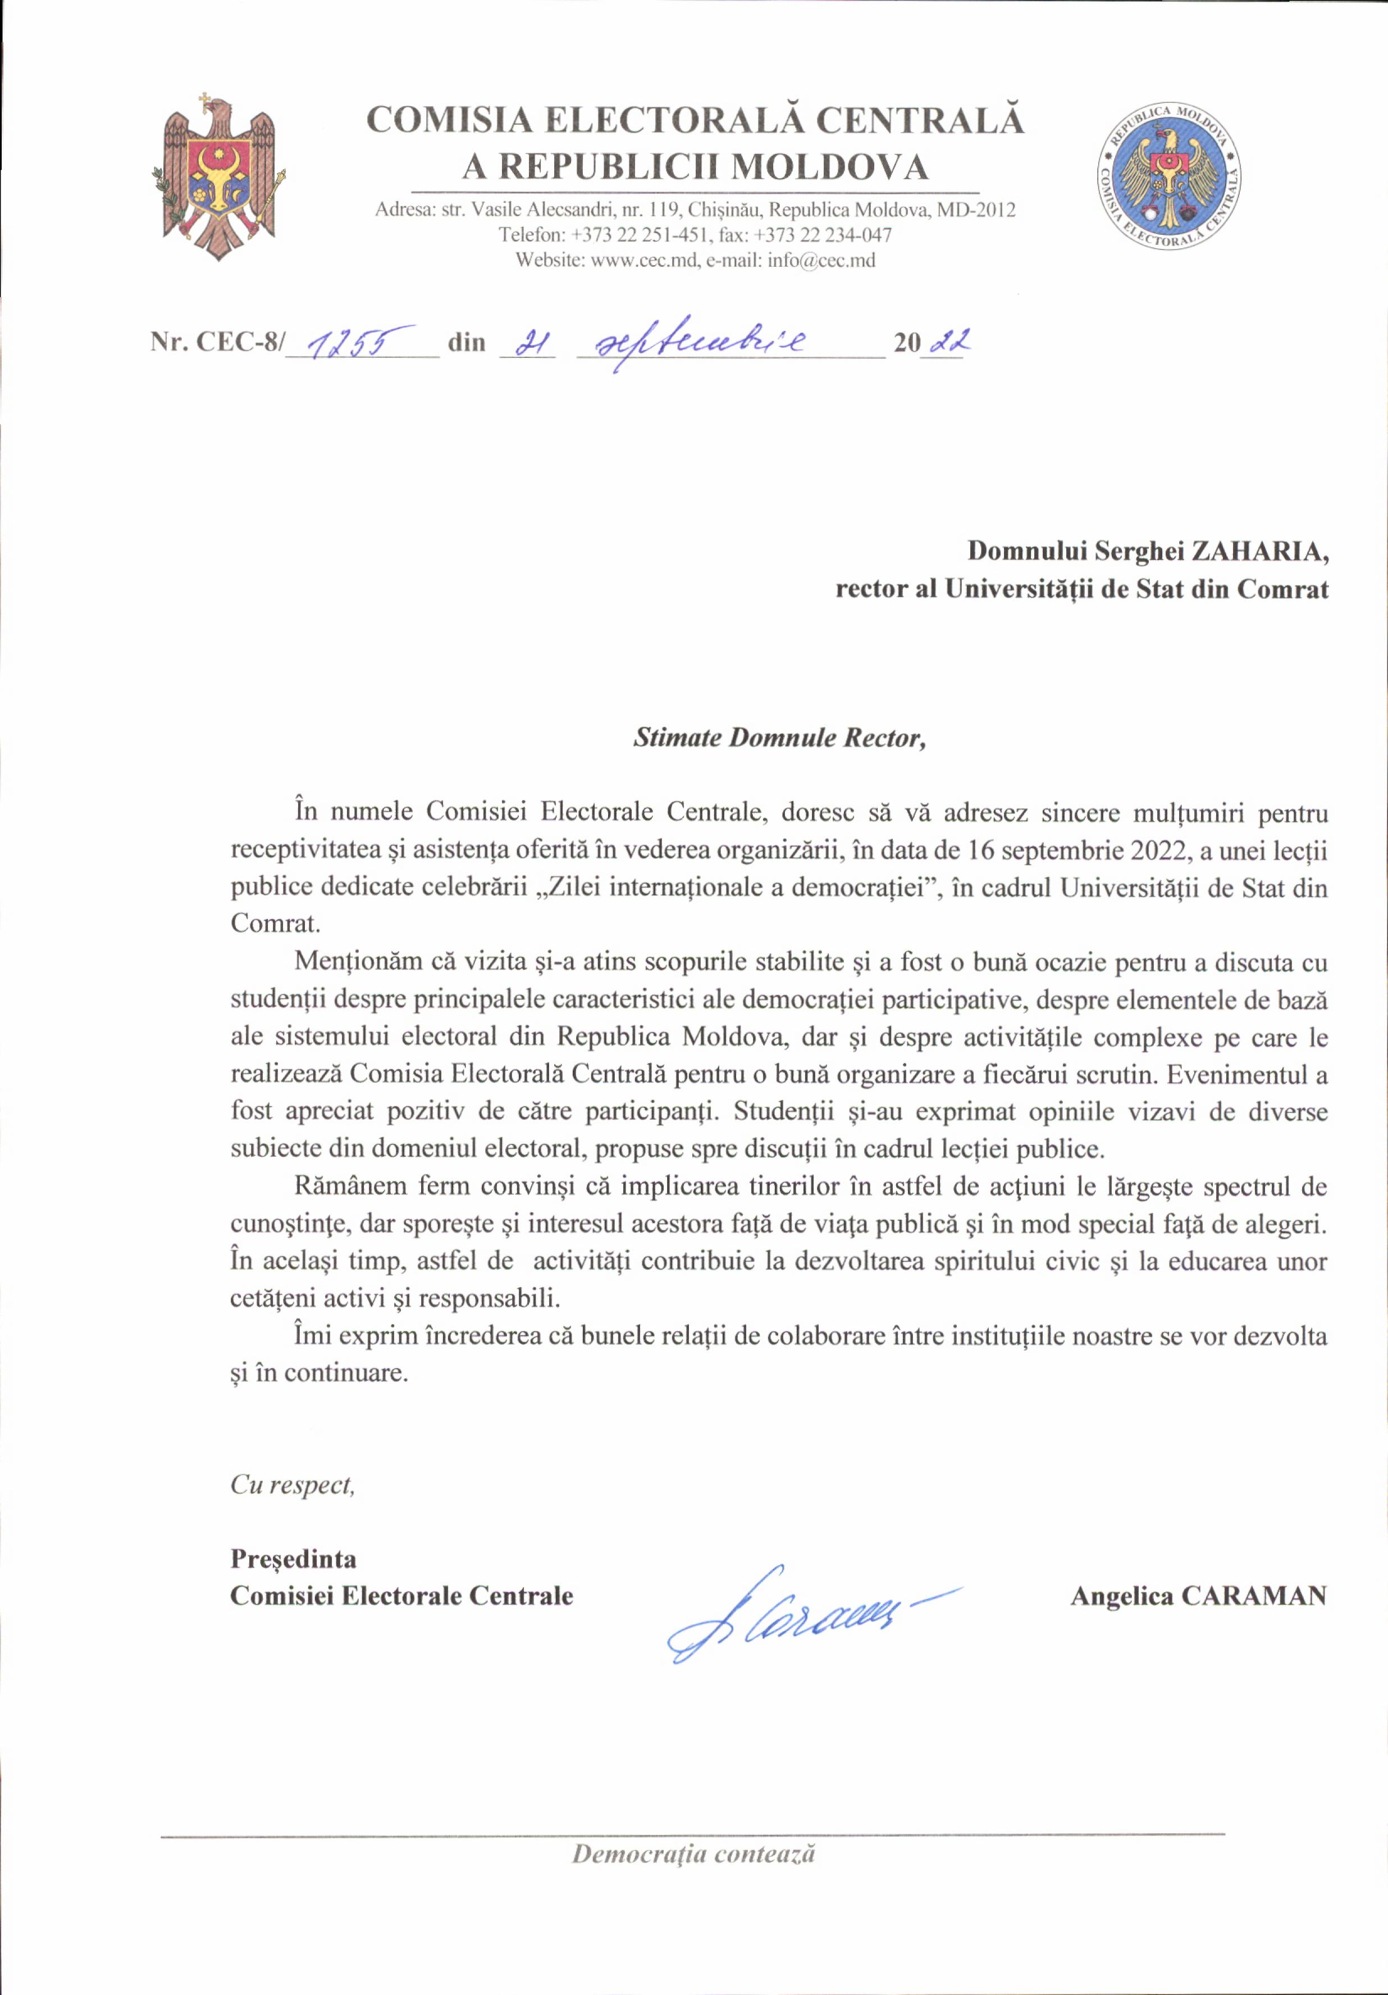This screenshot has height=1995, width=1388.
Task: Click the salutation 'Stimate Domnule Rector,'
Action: click(x=779, y=738)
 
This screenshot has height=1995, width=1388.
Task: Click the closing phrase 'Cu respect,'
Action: click(x=293, y=1485)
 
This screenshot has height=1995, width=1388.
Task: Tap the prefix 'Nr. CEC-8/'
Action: click(x=217, y=342)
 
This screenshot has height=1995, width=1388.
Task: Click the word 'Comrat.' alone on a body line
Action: click(x=275, y=922)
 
